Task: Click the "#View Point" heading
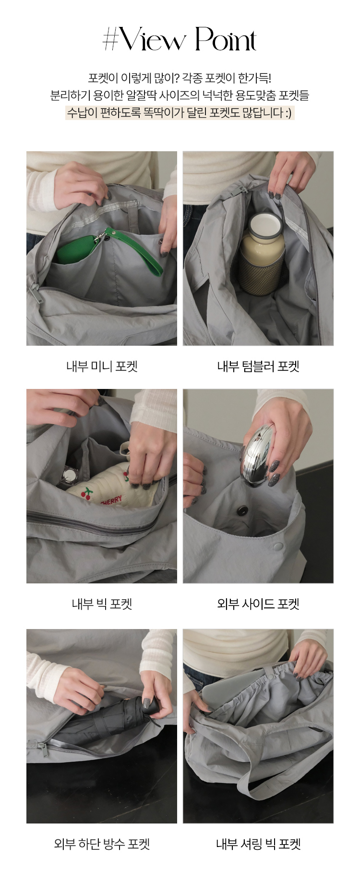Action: tap(180, 39)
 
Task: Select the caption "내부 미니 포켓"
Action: tap(102, 366)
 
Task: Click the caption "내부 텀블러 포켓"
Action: tap(258, 366)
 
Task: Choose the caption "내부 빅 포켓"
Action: tap(102, 604)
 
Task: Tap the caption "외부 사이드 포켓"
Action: tap(258, 604)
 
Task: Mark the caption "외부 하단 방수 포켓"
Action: tap(102, 844)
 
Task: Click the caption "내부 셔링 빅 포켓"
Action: tap(258, 844)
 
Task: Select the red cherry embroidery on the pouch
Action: tap(87, 493)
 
